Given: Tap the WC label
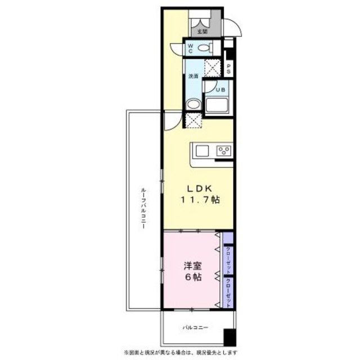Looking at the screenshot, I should click(191, 48).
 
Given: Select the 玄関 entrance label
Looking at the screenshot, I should click(202, 32).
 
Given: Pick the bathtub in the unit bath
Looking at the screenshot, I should click(216, 105).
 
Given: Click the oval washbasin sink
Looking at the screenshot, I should click(193, 105).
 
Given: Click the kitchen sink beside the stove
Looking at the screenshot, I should click(202, 151).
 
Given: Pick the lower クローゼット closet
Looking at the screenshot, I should click(228, 291).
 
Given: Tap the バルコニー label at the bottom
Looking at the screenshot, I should click(195, 327).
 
